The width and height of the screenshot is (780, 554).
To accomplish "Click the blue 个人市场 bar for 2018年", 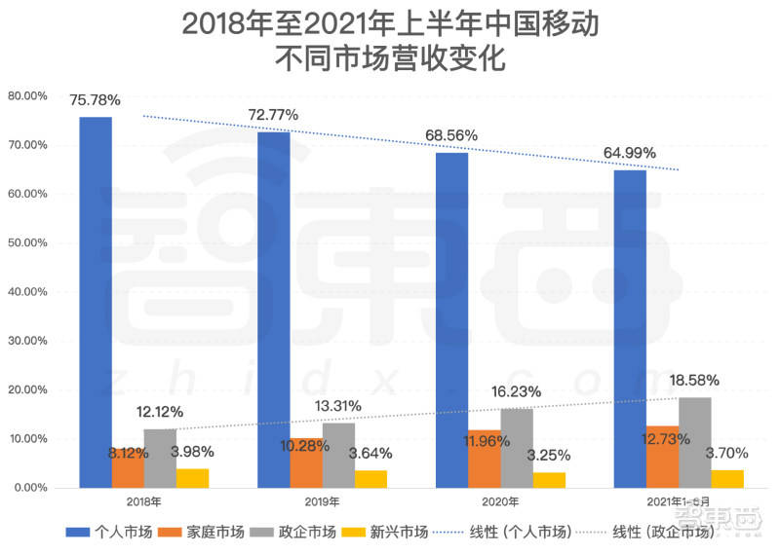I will (x=96, y=302).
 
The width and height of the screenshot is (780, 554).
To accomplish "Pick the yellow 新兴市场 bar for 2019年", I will (x=371, y=478).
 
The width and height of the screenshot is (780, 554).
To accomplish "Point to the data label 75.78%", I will (x=95, y=99).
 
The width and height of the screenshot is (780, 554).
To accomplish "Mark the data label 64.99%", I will (x=630, y=153).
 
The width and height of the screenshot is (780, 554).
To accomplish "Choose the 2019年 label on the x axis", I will (x=322, y=501).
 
